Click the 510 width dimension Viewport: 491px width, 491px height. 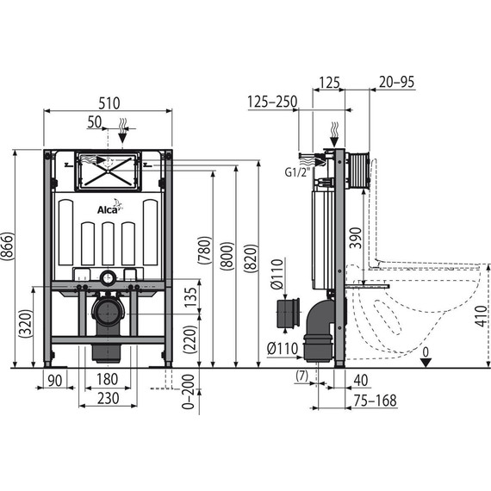108,101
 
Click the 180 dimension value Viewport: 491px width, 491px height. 108,380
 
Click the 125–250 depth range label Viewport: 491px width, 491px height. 271,102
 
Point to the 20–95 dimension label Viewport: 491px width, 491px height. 395,82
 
